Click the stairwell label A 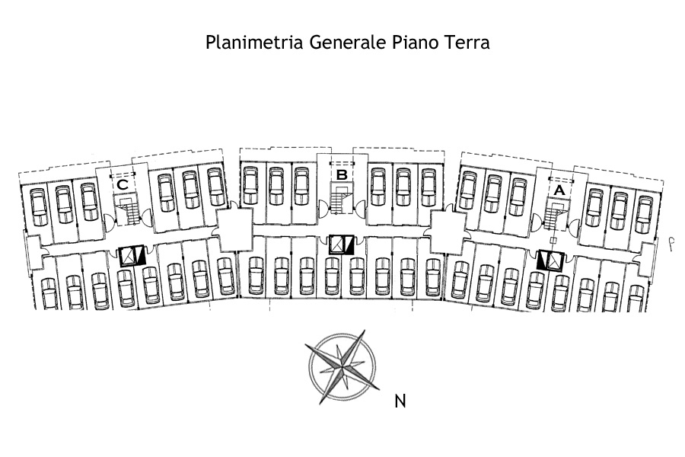tap(559, 190)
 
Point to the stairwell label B tap(342, 175)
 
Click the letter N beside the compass tap(400, 401)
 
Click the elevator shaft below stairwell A tap(549, 260)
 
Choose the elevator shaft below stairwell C tap(131, 256)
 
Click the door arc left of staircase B tap(323, 205)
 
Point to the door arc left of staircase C tap(110, 221)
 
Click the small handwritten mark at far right tap(671, 243)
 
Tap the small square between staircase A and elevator tap(553, 241)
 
